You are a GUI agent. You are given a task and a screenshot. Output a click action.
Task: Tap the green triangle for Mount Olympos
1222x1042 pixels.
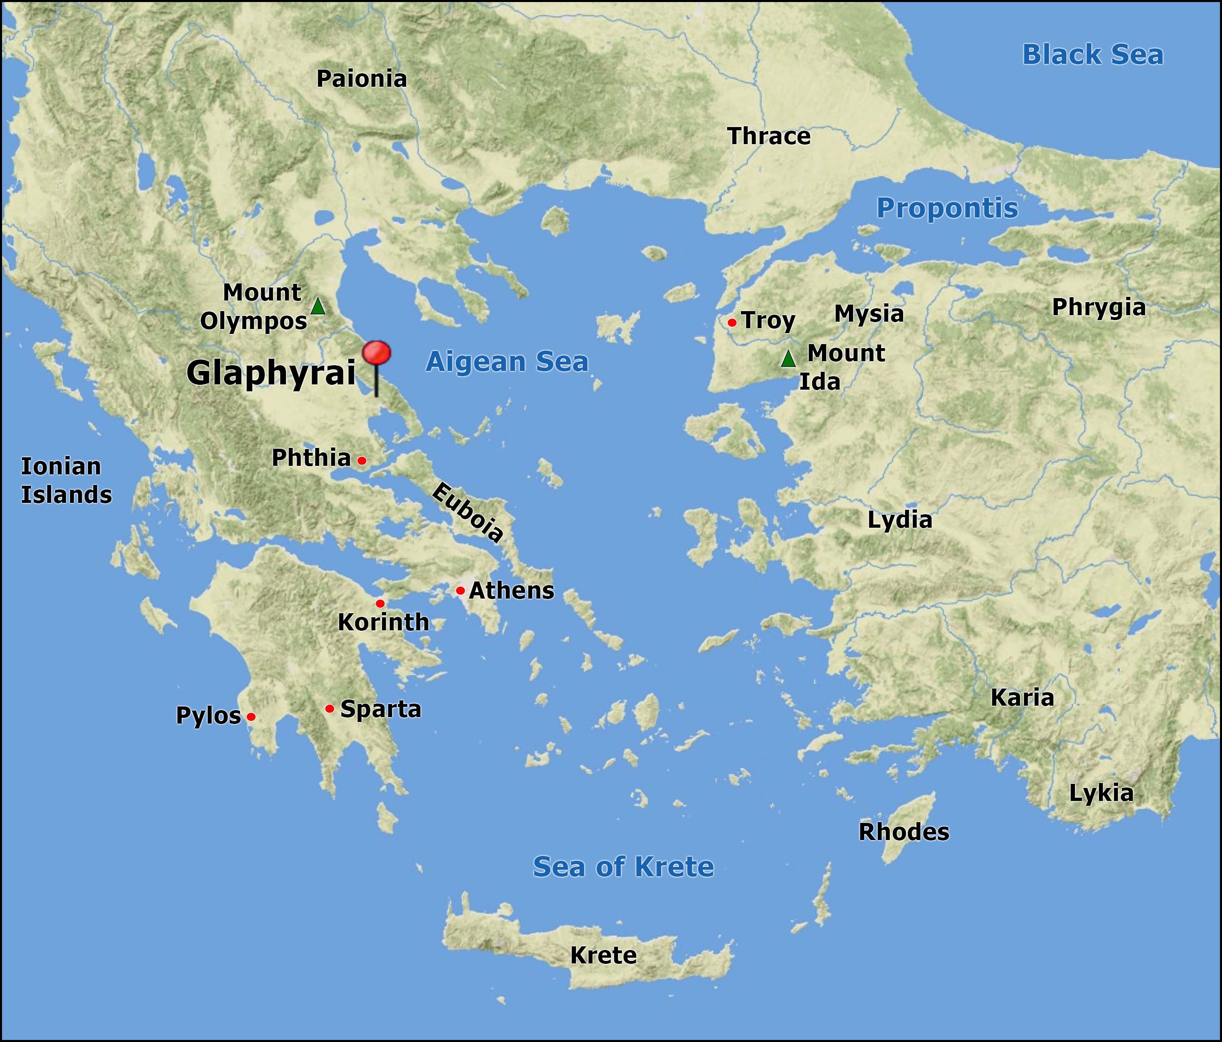click(318, 307)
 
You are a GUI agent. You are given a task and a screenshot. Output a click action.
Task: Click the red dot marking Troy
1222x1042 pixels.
click(732, 322)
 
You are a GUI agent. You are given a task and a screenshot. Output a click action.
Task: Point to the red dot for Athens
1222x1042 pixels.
click(460, 590)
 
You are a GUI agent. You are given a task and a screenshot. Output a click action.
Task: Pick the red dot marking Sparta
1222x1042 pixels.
click(330, 708)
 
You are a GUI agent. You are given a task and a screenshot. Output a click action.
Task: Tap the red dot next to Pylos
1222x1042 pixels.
click(251, 717)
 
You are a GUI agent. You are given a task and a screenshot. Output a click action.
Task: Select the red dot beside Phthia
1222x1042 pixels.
click(362, 460)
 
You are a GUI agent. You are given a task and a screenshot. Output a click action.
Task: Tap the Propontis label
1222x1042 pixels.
click(947, 208)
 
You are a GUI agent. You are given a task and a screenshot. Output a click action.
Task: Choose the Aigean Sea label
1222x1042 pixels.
click(507, 362)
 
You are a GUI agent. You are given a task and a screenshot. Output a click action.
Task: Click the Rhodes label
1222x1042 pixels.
click(903, 832)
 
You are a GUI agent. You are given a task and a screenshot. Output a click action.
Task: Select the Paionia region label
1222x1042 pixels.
click(362, 79)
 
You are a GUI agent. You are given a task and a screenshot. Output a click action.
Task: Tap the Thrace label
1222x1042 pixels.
click(769, 136)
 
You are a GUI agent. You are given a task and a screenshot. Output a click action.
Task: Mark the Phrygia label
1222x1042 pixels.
click(1099, 307)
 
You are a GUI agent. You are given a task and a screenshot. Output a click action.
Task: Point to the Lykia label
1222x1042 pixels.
click(1101, 793)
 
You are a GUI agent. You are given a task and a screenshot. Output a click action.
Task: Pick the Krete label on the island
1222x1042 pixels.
click(603, 955)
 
